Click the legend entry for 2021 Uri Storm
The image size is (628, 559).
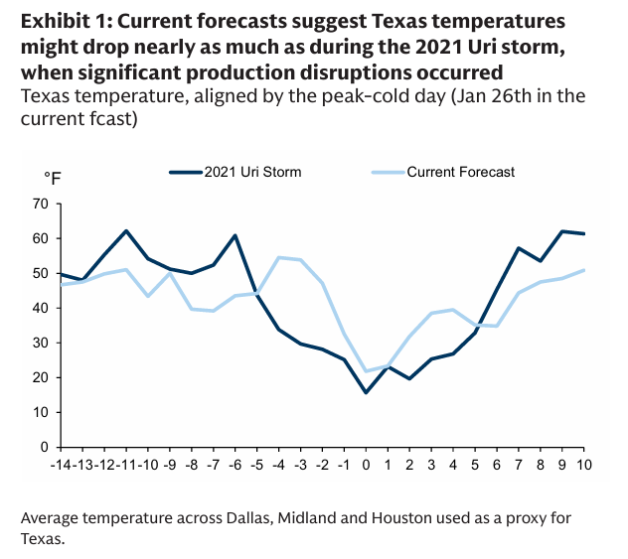click(x=252, y=172)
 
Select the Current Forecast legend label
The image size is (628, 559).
click(x=461, y=172)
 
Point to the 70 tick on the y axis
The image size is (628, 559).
click(x=41, y=204)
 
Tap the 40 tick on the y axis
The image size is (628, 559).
click(x=41, y=308)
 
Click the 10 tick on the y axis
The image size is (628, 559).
click(x=41, y=412)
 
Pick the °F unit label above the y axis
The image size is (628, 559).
click(x=53, y=178)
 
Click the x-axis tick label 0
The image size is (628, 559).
click(x=366, y=464)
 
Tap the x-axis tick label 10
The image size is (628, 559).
click(x=582, y=464)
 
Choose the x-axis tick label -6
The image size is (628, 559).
click(x=235, y=464)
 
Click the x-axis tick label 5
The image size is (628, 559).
click(x=474, y=464)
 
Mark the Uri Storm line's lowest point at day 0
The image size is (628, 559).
click(x=366, y=392)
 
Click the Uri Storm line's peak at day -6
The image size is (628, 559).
click(x=235, y=235)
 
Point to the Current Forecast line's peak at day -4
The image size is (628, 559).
click(x=279, y=257)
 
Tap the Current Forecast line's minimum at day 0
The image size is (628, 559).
click(x=366, y=371)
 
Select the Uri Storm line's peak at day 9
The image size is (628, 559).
click(x=561, y=231)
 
